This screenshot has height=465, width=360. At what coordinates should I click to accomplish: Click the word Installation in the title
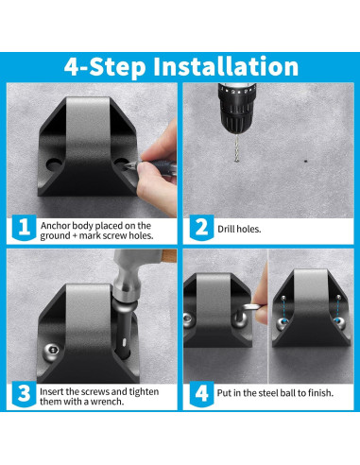(226, 66)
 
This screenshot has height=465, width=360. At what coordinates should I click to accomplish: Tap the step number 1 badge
(24, 227)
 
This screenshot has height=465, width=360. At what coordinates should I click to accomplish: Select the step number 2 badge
(201, 228)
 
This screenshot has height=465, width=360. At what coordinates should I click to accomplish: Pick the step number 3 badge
(24, 394)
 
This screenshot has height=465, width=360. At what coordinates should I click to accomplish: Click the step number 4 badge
(201, 394)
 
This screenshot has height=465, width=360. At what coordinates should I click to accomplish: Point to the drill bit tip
(236, 162)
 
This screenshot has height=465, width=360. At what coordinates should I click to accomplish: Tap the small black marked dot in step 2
(305, 162)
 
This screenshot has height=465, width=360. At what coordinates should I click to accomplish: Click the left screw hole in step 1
(54, 164)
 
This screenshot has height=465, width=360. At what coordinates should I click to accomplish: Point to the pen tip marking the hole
(126, 166)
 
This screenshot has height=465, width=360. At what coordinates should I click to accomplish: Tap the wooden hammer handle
(168, 254)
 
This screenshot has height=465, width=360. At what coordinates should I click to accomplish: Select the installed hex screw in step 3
(51, 350)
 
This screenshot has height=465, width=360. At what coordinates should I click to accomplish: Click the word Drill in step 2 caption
(226, 229)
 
